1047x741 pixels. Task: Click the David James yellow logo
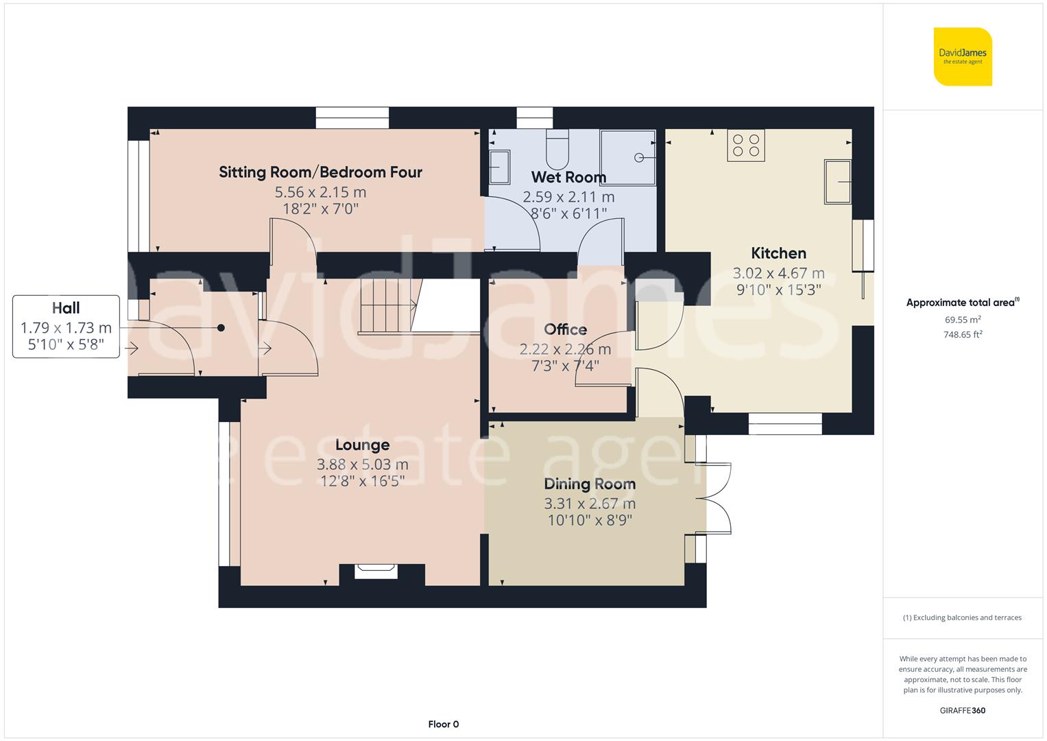[x=963, y=56]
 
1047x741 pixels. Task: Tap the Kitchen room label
[x=778, y=253]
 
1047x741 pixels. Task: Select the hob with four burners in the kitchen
[x=746, y=145]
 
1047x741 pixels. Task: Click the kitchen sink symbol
[x=837, y=181]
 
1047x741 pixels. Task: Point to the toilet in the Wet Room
[x=557, y=150]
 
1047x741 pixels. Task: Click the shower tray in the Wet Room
[x=627, y=157]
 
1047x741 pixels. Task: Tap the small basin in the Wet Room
[x=499, y=167]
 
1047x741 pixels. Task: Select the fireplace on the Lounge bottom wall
[x=376, y=571]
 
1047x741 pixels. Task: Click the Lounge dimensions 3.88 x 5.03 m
[x=362, y=464]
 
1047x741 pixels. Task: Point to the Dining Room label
[x=590, y=484]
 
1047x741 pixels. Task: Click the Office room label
[x=565, y=330]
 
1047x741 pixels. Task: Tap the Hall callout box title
[x=66, y=308]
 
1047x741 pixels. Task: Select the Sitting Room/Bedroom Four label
[x=320, y=172]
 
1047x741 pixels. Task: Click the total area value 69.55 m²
[x=963, y=320]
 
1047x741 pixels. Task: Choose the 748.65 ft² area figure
[x=963, y=335]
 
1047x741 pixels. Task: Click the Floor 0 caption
[x=443, y=724]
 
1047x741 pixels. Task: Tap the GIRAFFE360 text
[x=962, y=710]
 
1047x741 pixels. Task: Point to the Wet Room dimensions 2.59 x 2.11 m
[x=568, y=197]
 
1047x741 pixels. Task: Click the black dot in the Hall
[x=221, y=328]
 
